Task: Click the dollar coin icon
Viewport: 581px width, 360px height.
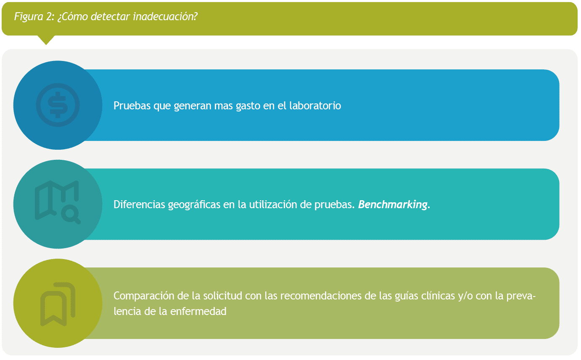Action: (x=58, y=105)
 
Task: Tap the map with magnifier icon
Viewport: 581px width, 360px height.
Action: (x=58, y=202)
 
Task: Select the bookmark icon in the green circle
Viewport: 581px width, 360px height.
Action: (x=58, y=304)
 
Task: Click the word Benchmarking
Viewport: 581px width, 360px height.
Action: (x=393, y=205)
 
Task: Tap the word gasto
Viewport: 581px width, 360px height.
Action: (x=248, y=106)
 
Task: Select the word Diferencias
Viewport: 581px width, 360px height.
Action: (x=139, y=204)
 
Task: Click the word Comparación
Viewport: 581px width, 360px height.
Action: (x=144, y=296)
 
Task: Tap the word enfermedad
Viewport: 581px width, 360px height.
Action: (x=198, y=311)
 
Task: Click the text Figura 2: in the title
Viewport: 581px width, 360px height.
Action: (x=34, y=17)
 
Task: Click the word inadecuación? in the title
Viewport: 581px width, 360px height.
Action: (x=165, y=16)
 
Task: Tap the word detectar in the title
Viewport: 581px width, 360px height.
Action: (x=110, y=16)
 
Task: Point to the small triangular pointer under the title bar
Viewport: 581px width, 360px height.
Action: (x=46, y=40)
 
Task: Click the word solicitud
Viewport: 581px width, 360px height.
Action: (x=222, y=296)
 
